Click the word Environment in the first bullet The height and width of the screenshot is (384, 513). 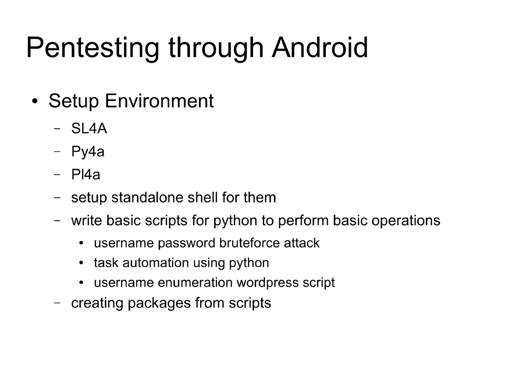[x=159, y=101]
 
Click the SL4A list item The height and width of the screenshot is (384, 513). [x=89, y=128]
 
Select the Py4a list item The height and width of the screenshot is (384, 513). [x=88, y=152]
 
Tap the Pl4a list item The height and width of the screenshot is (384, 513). [x=85, y=175]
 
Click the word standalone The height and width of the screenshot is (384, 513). [x=147, y=198]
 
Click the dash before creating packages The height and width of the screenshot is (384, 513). [x=57, y=303]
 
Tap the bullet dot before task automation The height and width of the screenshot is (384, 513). [x=82, y=263]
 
